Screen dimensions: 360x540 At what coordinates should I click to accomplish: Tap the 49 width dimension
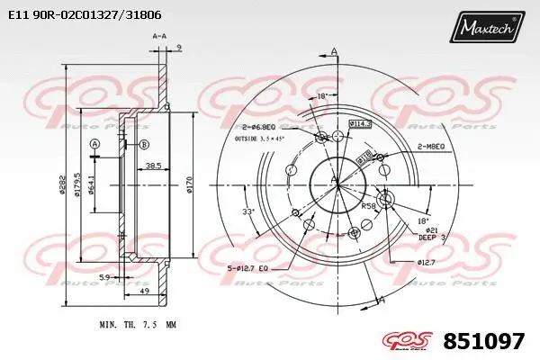point(144,292)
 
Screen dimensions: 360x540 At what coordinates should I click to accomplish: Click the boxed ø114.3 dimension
point(360,125)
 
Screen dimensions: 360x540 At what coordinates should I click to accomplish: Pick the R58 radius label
point(368,206)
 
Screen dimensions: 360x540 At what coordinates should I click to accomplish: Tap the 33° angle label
point(248,211)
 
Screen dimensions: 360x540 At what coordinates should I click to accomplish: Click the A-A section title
point(159,35)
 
